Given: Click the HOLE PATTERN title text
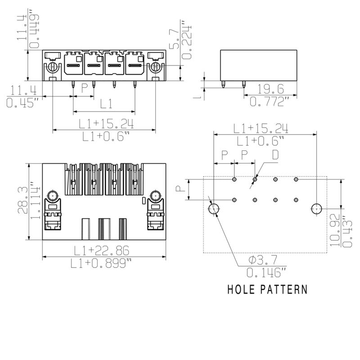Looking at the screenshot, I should pos(267,289).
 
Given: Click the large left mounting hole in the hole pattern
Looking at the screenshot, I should pos(214,209).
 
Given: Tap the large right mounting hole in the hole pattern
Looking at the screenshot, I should pos(317,209).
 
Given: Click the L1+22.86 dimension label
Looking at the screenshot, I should pos(104,250).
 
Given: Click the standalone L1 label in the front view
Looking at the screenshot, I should pos(106,104).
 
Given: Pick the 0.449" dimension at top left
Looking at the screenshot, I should pos(34,28).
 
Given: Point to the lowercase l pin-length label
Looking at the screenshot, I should pos(197,96).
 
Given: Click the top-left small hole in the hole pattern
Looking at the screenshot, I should pos(234,180).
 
